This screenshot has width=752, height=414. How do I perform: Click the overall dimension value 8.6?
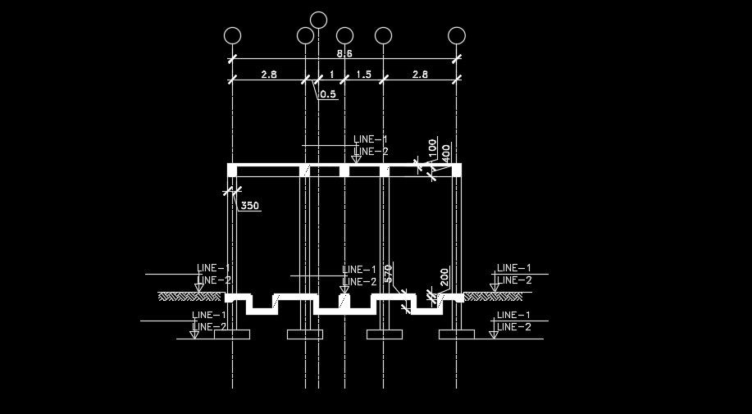pyautogui.click(x=345, y=53)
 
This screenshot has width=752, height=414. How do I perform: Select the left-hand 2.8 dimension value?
pyautogui.click(x=269, y=75)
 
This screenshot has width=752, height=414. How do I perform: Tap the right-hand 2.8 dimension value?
pyautogui.click(x=420, y=75)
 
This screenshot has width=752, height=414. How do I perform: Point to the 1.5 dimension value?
pyautogui.click(x=363, y=75)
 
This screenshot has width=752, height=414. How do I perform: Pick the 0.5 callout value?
pyautogui.click(x=328, y=94)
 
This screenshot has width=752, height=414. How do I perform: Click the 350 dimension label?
pyautogui.click(x=250, y=206)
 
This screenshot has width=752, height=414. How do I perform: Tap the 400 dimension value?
pyautogui.click(x=445, y=152)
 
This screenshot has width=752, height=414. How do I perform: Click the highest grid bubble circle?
pyautogui.click(x=319, y=20)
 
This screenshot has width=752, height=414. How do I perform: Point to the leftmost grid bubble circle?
pyautogui.click(x=232, y=35)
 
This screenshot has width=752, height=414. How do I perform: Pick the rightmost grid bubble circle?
pyautogui.click(x=457, y=35)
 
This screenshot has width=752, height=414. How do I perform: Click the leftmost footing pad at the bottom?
pyautogui.click(x=232, y=334)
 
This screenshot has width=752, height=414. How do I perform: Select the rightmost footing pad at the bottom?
pyautogui.click(x=457, y=334)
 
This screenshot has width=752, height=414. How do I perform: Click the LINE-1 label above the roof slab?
pyautogui.click(x=370, y=140)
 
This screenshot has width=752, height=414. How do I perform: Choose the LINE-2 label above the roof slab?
pyautogui.click(x=371, y=152)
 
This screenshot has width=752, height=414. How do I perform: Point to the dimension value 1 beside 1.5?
pyautogui.click(x=331, y=75)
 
